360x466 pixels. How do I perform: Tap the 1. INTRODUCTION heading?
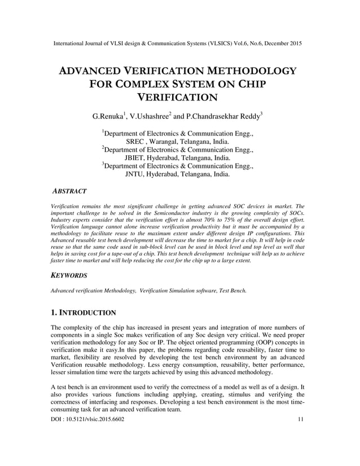84,312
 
